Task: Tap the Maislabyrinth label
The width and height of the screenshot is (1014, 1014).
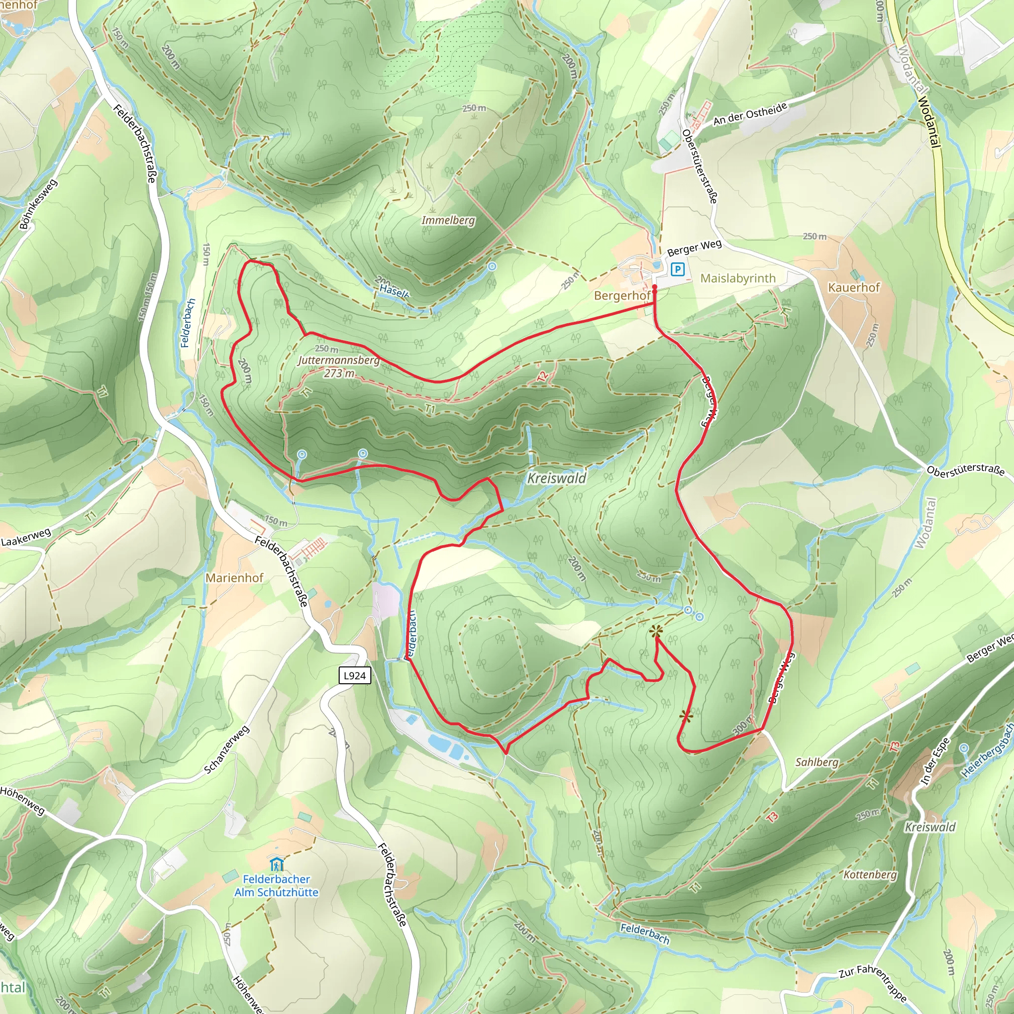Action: tap(738, 278)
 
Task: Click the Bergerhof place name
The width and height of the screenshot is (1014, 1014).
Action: tap(622, 296)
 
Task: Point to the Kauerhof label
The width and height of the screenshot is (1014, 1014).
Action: tap(854, 287)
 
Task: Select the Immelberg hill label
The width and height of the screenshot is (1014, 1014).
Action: tap(448, 220)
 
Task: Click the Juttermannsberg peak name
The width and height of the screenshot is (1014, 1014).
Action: tap(339, 360)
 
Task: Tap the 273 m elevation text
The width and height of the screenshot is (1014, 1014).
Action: tap(339, 373)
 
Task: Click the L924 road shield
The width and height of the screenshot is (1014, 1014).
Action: tap(355, 675)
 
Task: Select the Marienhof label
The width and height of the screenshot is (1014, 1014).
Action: tap(234, 577)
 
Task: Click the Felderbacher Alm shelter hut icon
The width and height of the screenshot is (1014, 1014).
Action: tap(276, 863)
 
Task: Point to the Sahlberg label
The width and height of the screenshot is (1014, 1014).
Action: tap(816, 761)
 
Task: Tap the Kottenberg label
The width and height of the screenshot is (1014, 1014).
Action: tap(870, 874)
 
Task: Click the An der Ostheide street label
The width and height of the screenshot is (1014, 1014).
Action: tap(750, 114)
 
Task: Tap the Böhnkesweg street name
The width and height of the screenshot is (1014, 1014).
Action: tap(38, 204)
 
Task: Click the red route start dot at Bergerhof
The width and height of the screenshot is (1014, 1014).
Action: tap(655, 287)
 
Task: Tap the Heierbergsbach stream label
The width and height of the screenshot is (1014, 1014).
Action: tap(987, 751)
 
